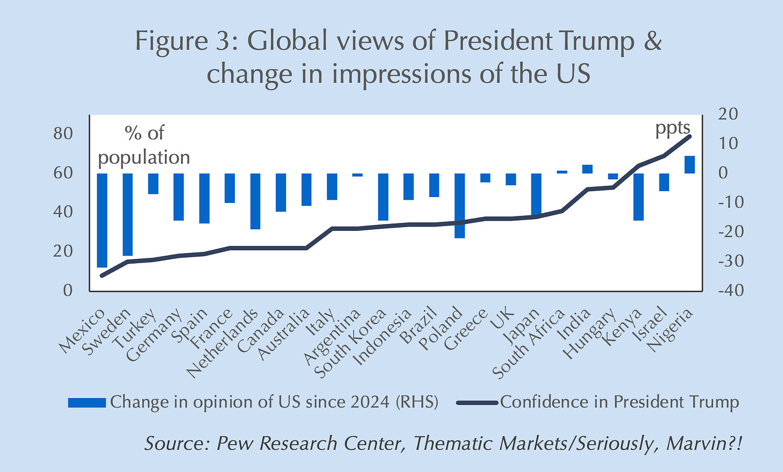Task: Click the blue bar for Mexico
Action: tap(102, 220)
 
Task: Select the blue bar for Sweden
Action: tap(128, 214)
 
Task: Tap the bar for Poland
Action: tap(460, 205)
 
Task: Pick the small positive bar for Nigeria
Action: tap(689, 165)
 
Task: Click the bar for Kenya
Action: tap(638, 197)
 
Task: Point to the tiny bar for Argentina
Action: tap(357, 175)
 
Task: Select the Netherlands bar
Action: tap(255, 201)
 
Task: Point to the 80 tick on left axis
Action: tap(63, 134)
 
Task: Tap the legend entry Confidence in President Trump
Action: tap(618, 402)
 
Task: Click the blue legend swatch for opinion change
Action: tap(87, 403)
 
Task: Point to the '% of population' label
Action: tap(144, 145)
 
